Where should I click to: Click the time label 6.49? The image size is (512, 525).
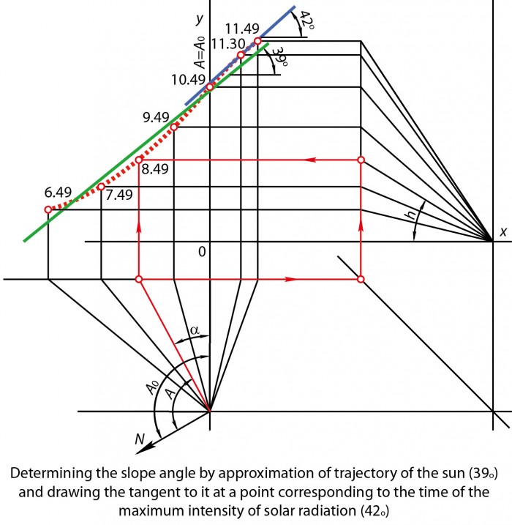pos(59,193)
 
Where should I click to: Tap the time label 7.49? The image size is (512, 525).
pos(119,195)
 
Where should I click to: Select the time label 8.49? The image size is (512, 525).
pos(155,169)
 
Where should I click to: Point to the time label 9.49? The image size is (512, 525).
pos(156,118)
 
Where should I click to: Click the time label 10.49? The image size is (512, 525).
pos(188,80)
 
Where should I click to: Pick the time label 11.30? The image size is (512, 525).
pos(228,44)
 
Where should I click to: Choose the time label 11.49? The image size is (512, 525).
pos(242,29)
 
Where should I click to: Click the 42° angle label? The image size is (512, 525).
pos(306,20)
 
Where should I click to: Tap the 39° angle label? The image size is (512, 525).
pos(280,57)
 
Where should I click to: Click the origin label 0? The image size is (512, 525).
pos(202,252)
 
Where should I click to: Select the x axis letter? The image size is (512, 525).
pos(503,231)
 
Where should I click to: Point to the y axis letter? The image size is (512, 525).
pos(200,19)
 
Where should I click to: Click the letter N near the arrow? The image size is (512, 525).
pos(140,439)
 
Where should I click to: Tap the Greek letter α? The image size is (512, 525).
pos(195,330)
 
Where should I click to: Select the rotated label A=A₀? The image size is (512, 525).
pos(200,53)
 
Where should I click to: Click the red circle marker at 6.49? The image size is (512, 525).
pos(48,209)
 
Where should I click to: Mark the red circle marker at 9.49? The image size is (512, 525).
pos(174,127)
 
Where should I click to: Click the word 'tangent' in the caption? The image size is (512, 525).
pos(161,492)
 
